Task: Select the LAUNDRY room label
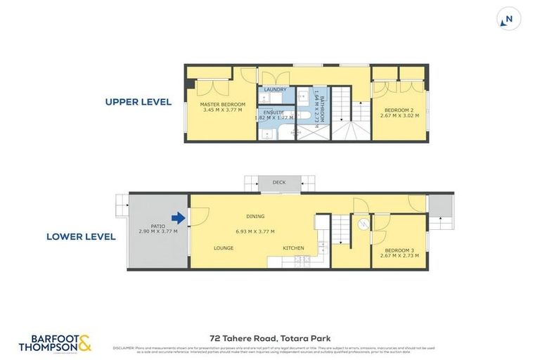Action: (x=275, y=90)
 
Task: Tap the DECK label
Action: (x=279, y=183)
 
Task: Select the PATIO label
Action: (x=157, y=226)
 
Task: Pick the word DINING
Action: (x=255, y=217)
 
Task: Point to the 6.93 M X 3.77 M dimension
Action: (x=255, y=231)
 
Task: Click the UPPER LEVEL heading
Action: (x=139, y=102)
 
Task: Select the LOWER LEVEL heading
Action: (x=81, y=237)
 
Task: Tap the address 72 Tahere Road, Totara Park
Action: (x=269, y=338)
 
